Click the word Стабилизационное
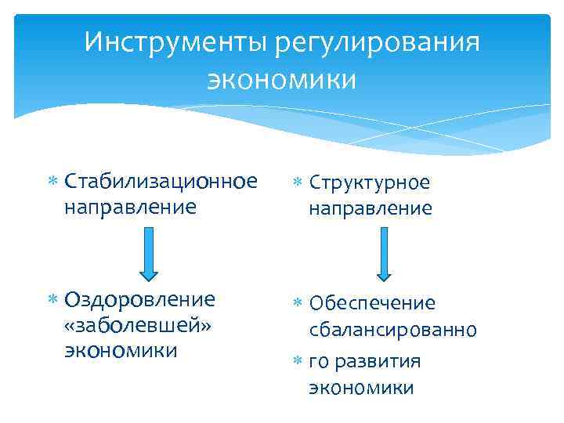[161, 182]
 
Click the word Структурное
[369, 182]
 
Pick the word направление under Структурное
[370, 208]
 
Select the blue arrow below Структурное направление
[383, 254]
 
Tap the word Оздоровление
[139, 300]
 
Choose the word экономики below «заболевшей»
[121, 349]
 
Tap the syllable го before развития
[319, 361]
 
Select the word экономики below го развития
[361, 388]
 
